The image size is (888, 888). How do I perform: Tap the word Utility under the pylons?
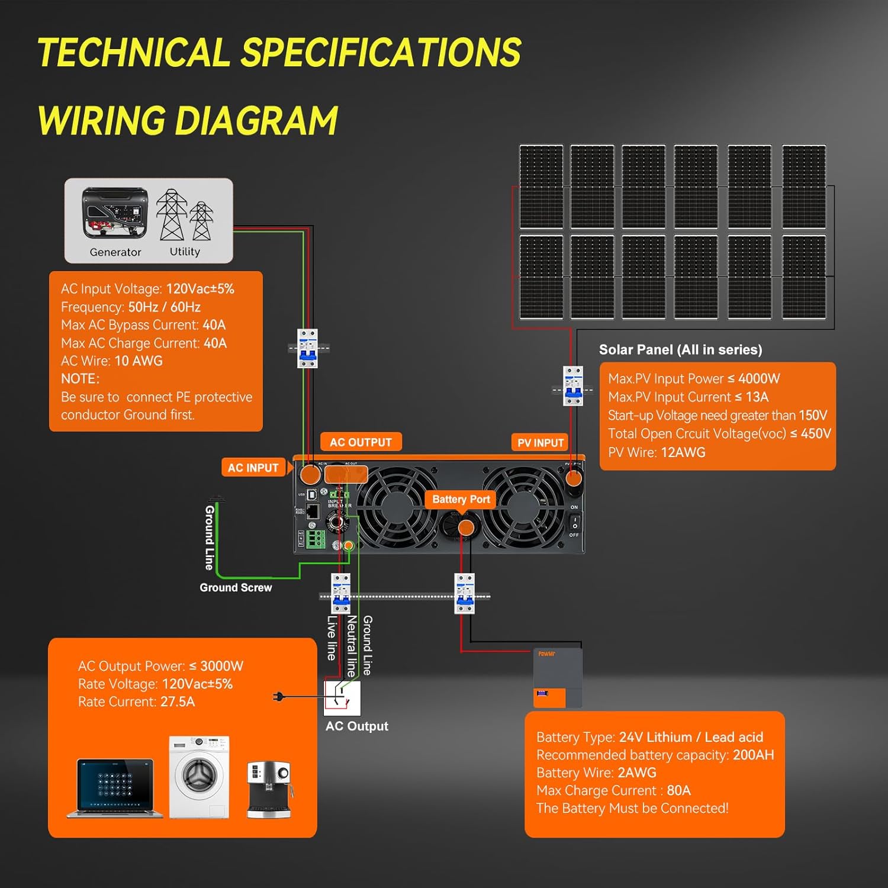[185, 252]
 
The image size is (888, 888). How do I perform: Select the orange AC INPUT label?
[253, 468]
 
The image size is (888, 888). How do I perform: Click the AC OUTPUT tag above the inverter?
[361, 442]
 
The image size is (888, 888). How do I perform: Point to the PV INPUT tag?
[540, 443]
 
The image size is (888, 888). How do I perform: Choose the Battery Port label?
[461, 500]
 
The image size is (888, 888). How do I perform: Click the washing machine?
[199, 777]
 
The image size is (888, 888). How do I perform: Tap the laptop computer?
[115, 787]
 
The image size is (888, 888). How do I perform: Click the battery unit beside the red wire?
[558, 678]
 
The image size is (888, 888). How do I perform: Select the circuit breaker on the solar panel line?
[572, 386]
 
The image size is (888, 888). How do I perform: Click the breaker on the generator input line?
[307, 348]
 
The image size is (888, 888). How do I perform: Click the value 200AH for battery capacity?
[753, 755]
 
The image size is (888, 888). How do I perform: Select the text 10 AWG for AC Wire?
[139, 361]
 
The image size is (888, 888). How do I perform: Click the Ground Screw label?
[236, 588]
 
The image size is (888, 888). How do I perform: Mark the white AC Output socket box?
[342, 698]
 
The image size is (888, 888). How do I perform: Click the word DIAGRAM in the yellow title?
[256, 121]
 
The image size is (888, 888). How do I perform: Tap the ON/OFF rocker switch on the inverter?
[574, 522]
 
